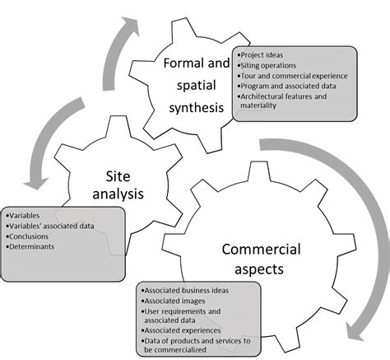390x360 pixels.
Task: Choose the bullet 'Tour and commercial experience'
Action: click(x=293, y=77)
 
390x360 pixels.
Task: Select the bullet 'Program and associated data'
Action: click(x=286, y=86)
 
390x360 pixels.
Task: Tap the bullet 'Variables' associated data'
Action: click(x=50, y=223)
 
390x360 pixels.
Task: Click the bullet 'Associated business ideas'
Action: click(x=185, y=291)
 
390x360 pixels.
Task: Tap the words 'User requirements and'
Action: click(x=183, y=311)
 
